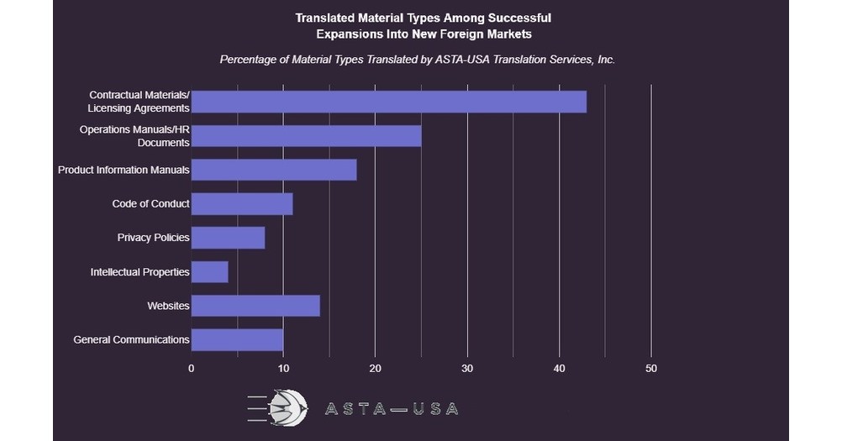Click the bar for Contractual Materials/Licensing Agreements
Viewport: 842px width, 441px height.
pos(388,102)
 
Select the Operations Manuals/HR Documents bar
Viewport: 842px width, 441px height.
pos(306,136)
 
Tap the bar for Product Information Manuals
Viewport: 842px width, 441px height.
pos(274,170)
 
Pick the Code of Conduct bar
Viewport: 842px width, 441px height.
pos(242,203)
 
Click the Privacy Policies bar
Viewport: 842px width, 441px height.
pos(228,238)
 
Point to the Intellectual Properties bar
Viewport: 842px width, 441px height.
pos(209,271)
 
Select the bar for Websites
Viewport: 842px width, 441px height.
pos(255,306)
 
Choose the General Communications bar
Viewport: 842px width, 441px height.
pos(237,339)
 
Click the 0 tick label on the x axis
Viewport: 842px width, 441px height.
pos(192,369)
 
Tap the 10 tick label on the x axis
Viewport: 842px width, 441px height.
pos(283,369)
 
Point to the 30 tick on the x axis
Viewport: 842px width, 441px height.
pos(467,369)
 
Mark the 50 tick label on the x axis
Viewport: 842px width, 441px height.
pos(651,369)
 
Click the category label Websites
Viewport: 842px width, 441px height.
pos(168,306)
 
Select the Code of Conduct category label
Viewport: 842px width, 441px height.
pos(150,203)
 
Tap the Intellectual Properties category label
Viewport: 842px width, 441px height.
pos(139,272)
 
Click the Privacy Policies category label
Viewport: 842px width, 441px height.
pos(153,238)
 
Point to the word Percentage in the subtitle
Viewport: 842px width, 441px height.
pos(250,60)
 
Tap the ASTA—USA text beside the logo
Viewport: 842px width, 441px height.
pos(392,409)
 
